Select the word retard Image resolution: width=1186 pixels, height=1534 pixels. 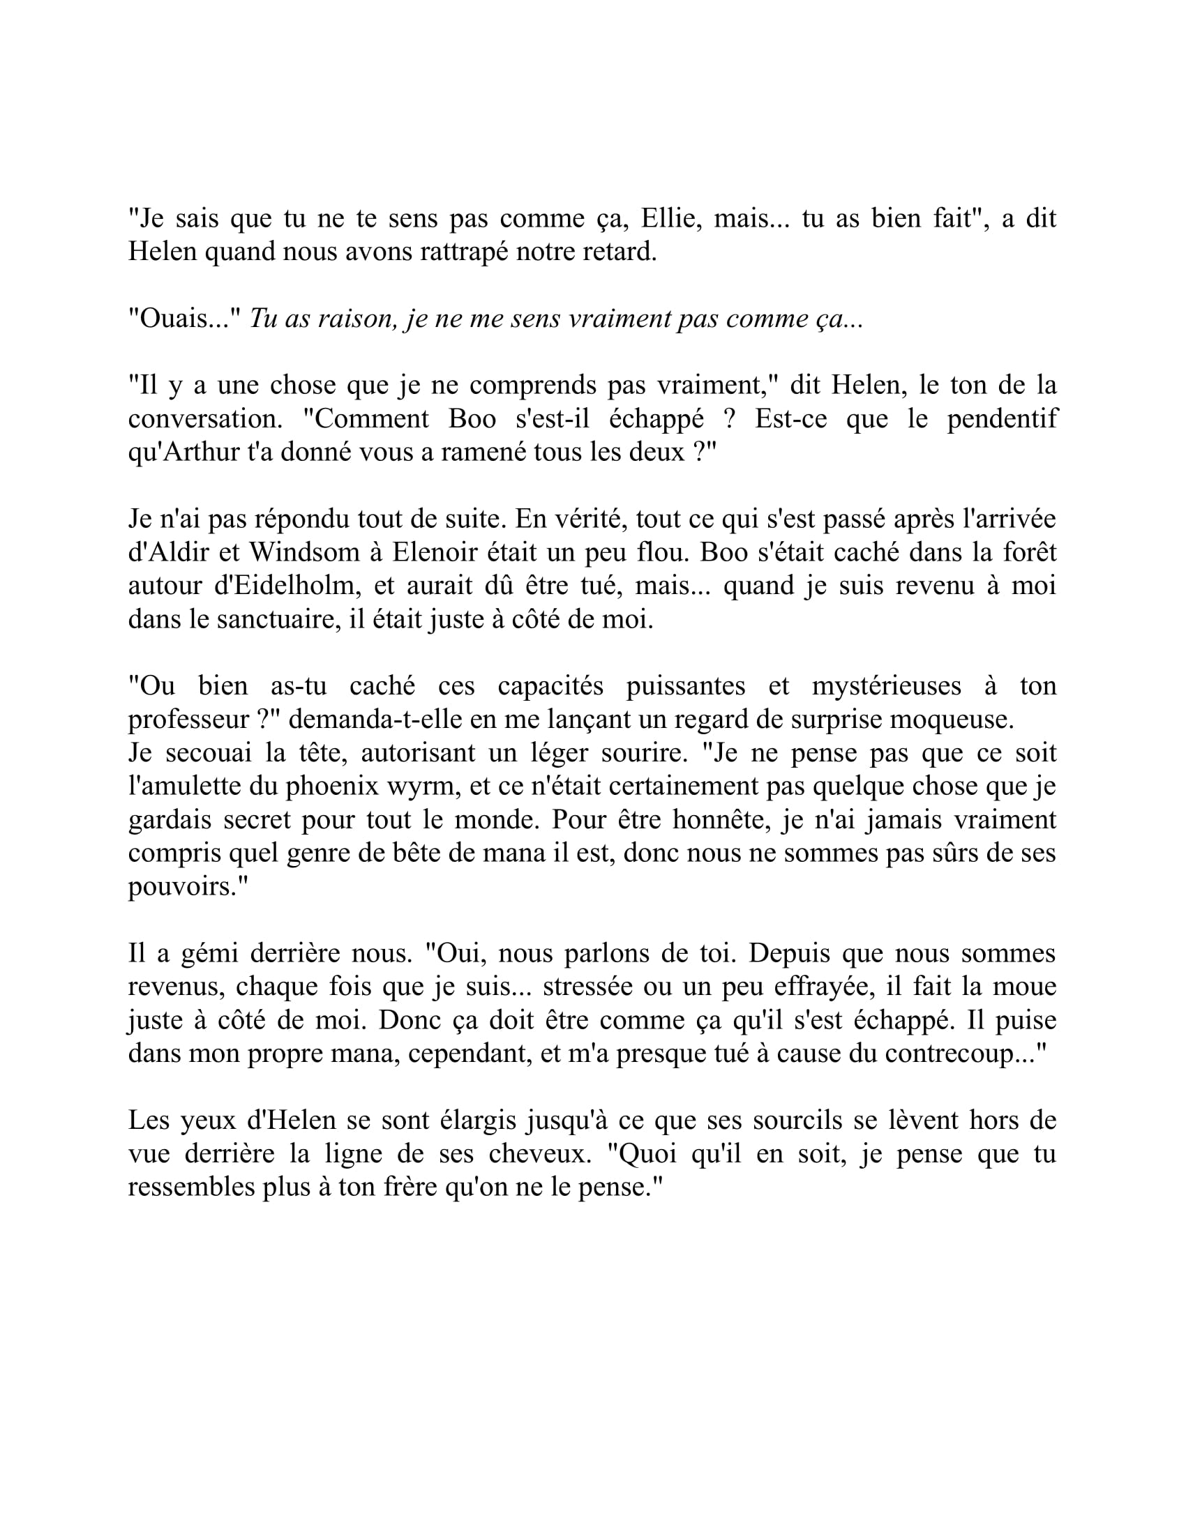[619, 252]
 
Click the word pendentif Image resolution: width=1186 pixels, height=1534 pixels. [1002, 418]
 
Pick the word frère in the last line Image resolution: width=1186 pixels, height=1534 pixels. [412, 1186]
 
